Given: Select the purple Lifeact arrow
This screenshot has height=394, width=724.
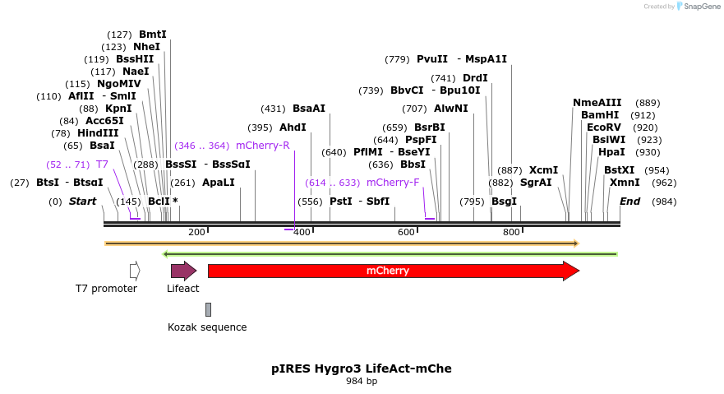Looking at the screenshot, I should (x=182, y=271).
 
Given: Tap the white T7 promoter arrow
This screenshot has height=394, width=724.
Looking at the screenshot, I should (x=135, y=270).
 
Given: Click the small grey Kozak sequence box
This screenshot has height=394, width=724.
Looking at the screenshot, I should (x=208, y=309).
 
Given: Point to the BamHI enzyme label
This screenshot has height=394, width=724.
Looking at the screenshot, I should (x=600, y=115).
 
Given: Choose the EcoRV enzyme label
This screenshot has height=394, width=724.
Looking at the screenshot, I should (x=604, y=127).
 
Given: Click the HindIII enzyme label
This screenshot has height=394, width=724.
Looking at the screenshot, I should (x=98, y=133).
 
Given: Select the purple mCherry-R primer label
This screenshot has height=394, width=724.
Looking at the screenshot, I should (x=262, y=146).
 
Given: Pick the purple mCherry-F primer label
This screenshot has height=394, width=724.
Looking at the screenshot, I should (x=392, y=183).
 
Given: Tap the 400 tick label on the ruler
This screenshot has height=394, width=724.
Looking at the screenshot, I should (x=302, y=232).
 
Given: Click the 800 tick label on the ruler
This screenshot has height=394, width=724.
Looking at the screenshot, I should (x=511, y=232).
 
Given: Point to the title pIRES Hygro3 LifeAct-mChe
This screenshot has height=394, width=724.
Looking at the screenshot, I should (x=362, y=369).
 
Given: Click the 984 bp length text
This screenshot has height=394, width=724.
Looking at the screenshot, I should (x=362, y=381).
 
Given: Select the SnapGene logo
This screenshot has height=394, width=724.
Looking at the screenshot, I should (x=697, y=6).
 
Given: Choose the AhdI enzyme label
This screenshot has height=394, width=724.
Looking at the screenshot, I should (x=293, y=127).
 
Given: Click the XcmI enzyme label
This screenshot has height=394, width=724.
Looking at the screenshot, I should (x=543, y=170).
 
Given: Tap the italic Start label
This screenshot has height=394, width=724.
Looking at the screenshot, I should (x=82, y=202).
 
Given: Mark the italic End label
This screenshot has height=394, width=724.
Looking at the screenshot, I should (x=629, y=202).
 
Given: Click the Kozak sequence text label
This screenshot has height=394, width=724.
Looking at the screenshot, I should (x=207, y=327).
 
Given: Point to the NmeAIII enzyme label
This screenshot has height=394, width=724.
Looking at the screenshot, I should (x=597, y=103).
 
